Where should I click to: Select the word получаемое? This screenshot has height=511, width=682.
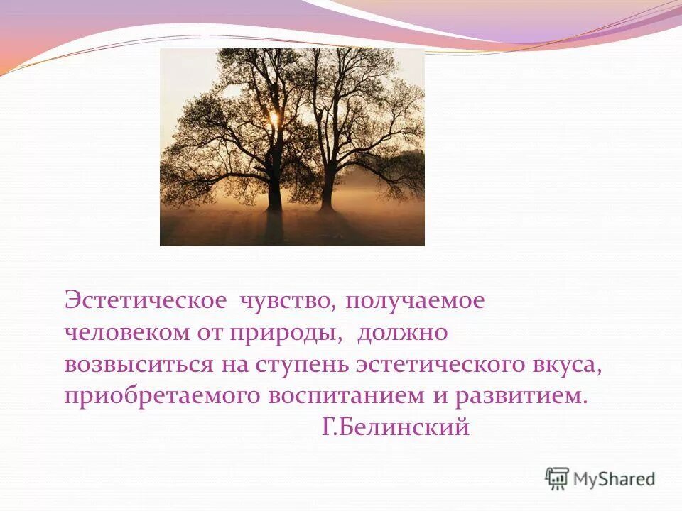(415, 300)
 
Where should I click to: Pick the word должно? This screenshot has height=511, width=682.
(402, 332)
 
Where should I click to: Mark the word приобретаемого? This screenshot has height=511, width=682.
(162, 396)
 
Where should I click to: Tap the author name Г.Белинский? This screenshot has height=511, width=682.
(395, 428)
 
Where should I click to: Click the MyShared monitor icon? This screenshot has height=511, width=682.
(558, 478)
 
